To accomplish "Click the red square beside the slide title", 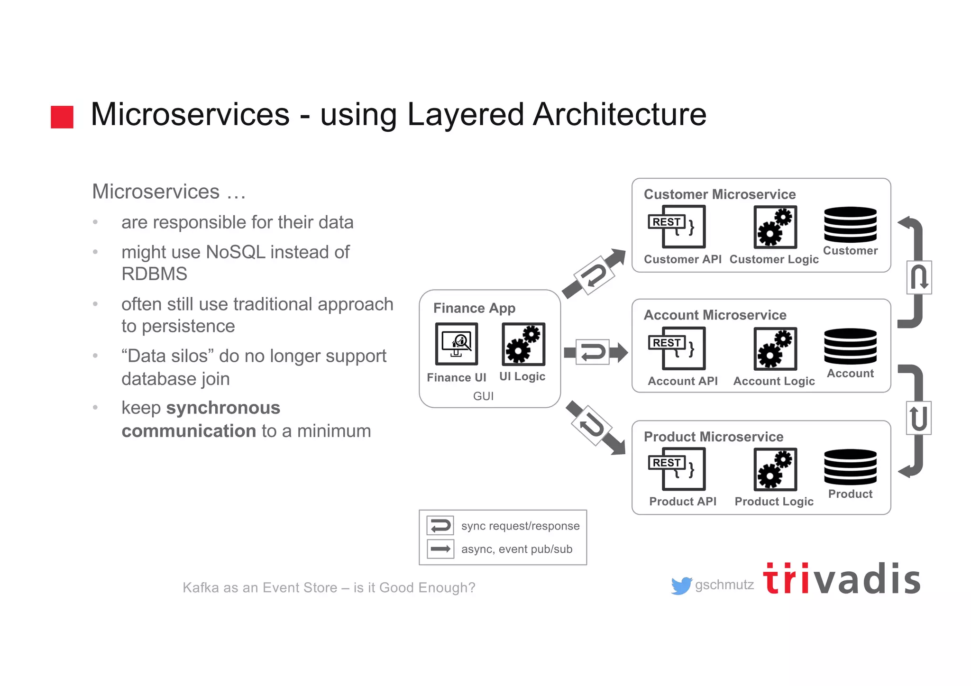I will (62, 117).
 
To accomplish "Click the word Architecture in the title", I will (619, 115).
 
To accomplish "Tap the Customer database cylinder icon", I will (850, 225).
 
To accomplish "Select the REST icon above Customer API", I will (677, 227).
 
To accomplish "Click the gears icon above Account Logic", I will (775, 348).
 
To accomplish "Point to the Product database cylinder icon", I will (850, 467).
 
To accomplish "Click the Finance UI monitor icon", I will (456, 344).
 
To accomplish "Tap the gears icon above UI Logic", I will (523, 344).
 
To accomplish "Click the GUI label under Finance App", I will (483, 396).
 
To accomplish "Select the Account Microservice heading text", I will (715, 315).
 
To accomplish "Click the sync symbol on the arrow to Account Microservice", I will (592, 352).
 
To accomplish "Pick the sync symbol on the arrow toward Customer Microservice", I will (594, 275).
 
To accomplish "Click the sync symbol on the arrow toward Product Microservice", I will (591, 425).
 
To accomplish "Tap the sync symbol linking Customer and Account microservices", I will (919, 277).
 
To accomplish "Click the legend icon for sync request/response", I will (440, 526).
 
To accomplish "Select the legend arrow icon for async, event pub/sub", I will (440, 549).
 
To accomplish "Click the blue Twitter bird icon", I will (681, 586).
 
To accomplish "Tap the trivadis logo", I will (842, 579).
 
